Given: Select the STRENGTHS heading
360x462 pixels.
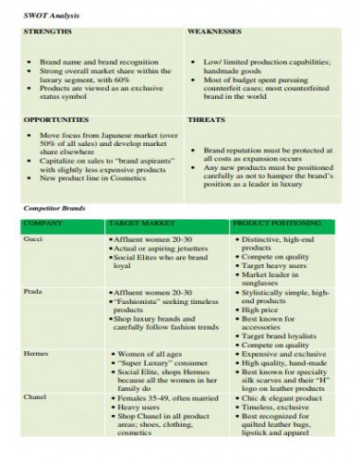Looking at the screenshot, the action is click(46, 30).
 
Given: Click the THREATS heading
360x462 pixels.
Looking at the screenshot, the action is click(205, 120).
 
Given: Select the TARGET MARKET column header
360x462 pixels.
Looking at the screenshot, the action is click(140, 224).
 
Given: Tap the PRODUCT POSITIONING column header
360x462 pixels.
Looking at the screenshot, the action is click(275, 224).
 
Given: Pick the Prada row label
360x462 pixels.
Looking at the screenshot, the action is click(32, 291).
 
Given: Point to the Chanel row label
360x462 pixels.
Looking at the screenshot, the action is click(34, 396).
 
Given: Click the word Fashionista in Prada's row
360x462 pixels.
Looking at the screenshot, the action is click(146, 300).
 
